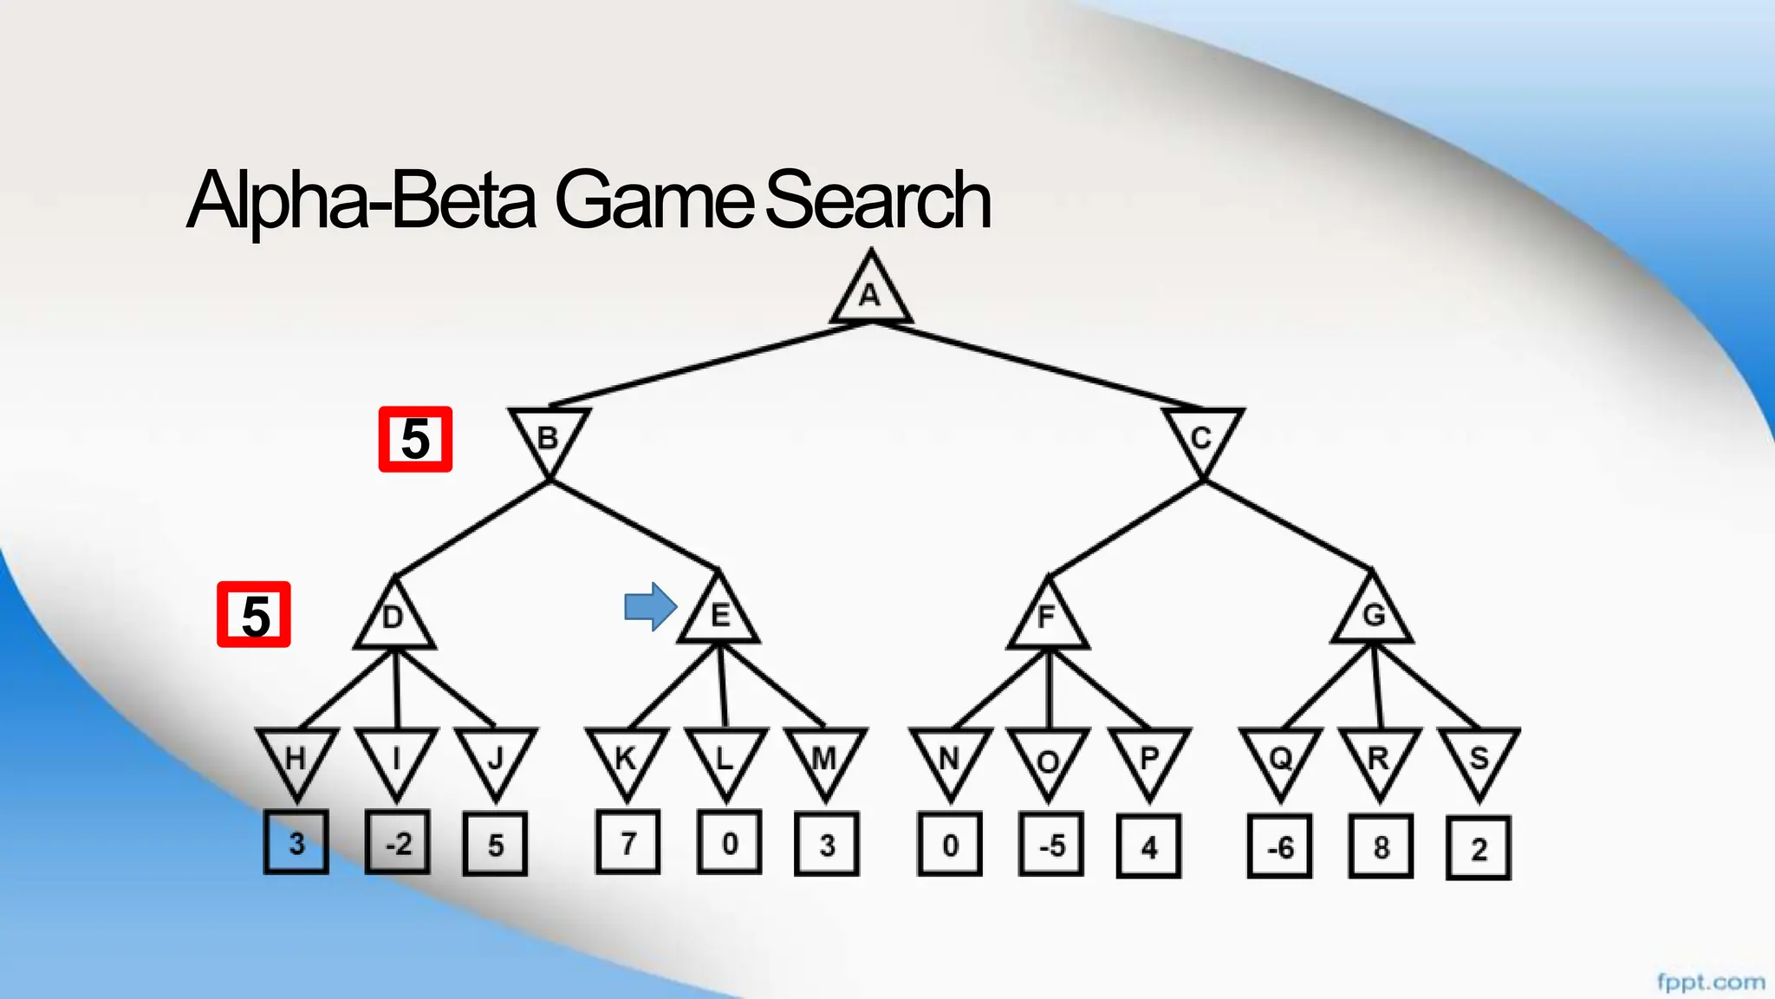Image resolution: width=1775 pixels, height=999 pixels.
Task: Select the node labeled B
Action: click(x=549, y=436)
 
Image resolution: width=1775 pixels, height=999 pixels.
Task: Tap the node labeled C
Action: click(x=1202, y=436)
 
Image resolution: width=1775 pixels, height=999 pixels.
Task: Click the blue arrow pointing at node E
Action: click(x=650, y=607)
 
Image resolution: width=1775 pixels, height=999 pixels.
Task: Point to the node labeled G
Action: click(x=1373, y=615)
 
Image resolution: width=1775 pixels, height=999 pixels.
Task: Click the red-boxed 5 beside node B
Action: click(x=415, y=439)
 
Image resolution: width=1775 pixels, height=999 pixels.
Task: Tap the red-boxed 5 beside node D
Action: click(x=254, y=615)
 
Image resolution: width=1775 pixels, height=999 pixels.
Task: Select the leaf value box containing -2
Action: click(x=398, y=843)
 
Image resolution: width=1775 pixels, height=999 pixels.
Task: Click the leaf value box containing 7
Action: click(x=627, y=842)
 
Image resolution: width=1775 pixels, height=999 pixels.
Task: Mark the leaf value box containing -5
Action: click(x=1051, y=845)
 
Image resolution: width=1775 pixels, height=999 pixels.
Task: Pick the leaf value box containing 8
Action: click(x=1381, y=846)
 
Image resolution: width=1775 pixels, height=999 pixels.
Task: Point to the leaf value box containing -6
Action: click(x=1280, y=846)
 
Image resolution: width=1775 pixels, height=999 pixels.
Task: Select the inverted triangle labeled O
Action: click(x=1048, y=759)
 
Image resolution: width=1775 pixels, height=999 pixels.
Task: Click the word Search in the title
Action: click(x=877, y=200)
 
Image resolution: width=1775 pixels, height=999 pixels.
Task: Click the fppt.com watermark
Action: click(x=1710, y=982)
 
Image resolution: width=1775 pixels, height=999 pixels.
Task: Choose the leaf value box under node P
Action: click(x=1149, y=846)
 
